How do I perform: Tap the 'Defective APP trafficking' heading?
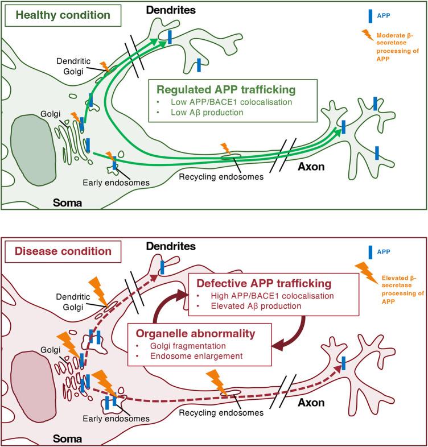[x=263, y=283]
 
